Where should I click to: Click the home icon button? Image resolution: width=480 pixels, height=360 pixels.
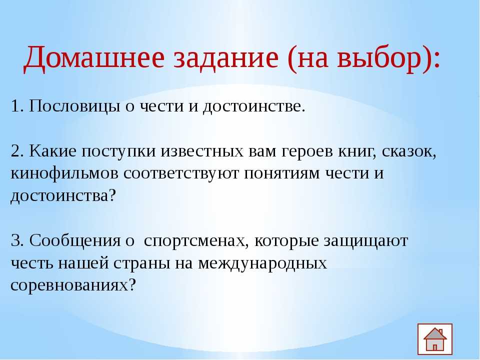[x=434, y=339]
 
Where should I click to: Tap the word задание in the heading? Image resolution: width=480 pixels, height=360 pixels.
[x=226, y=58]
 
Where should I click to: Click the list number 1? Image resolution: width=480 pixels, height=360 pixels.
[x=15, y=106]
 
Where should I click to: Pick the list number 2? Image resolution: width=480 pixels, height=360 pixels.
[x=16, y=151]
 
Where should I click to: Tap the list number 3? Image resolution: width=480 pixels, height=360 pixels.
[x=16, y=240]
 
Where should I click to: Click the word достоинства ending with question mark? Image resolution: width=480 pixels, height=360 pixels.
[x=63, y=196]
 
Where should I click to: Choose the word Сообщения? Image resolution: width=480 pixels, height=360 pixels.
[x=74, y=241]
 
